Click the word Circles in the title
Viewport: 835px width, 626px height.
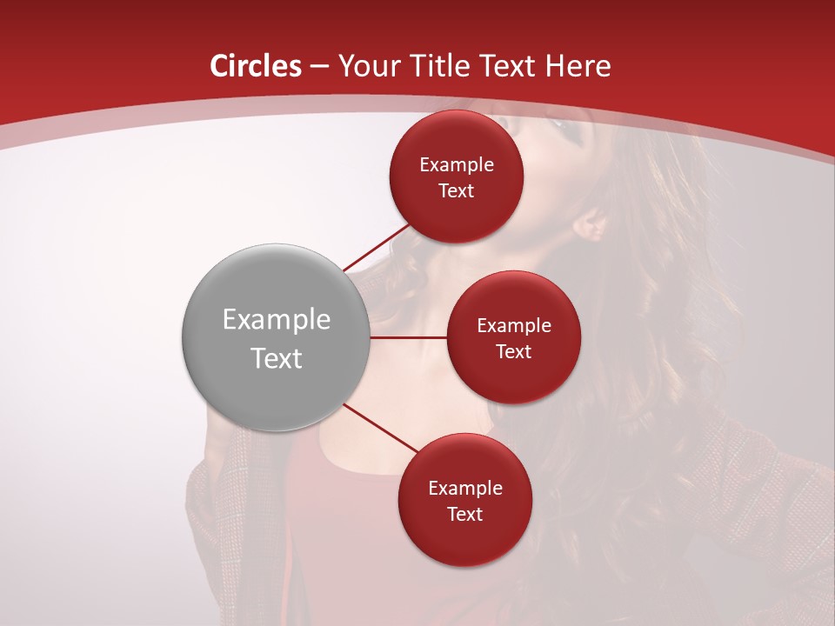click(256, 66)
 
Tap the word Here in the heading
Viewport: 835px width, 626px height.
click(578, 66)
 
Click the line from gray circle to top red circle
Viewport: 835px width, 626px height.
click(376, 248)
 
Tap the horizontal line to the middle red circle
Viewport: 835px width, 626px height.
click(409, 337)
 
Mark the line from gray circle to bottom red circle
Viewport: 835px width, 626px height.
click(381, 429)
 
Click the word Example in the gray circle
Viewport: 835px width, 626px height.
click(277, 321)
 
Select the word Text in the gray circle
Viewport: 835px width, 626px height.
click(277, 358)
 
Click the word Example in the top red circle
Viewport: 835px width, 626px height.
click(457, 165)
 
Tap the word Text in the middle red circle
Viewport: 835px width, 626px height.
click(513, 351)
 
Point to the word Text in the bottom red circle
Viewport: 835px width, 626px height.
click(464, 514)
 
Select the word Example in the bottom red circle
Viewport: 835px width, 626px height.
click(464, 489)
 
